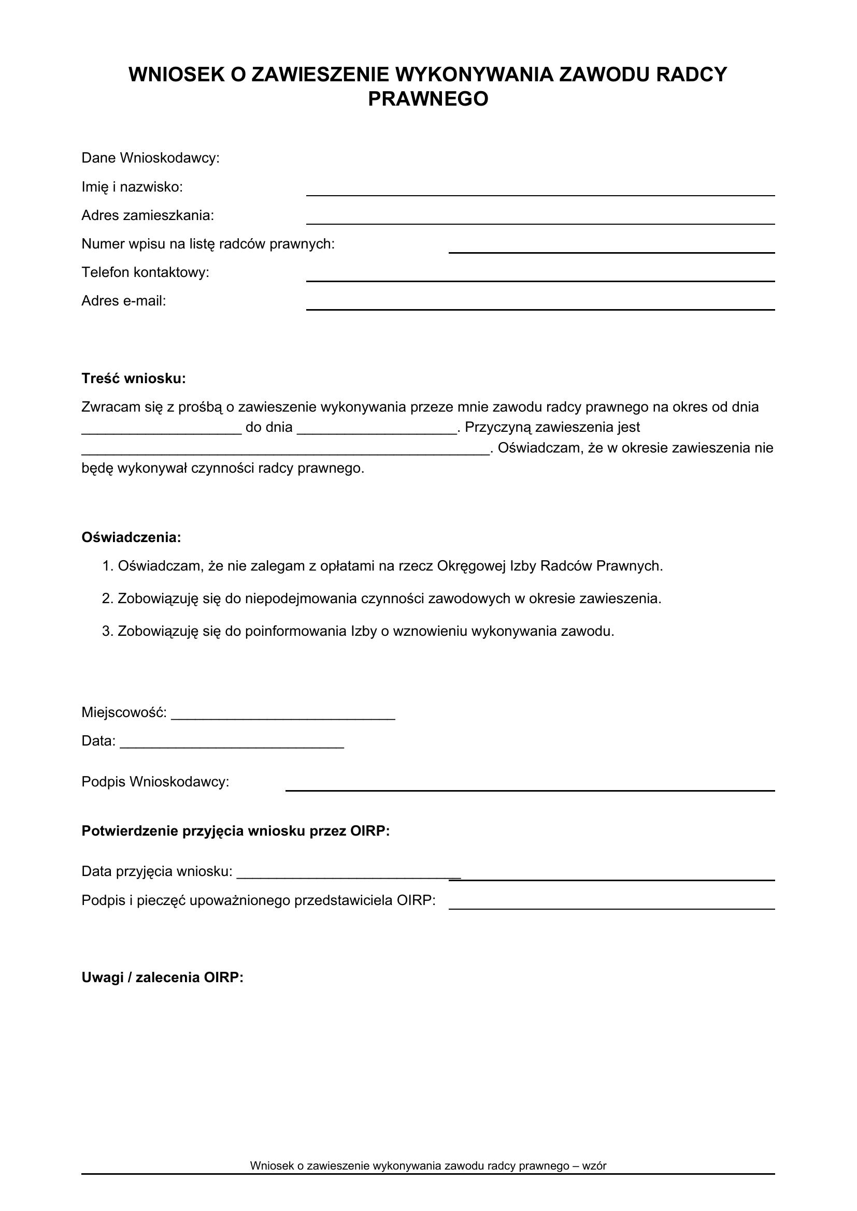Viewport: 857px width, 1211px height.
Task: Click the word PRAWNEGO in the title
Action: [x=428, y=99]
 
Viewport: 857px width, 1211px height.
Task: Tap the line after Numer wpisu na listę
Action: [x=611, y=252]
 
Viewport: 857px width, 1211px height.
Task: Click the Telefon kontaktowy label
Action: [x=145, y=272]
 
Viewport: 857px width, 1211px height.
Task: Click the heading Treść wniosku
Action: [x=134, y=378]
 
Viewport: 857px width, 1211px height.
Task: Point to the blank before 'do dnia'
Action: [x=162, y=431]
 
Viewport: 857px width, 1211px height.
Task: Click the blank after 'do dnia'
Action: [x=377, y=431]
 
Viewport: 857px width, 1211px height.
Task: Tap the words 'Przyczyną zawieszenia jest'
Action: [x=552, y=427]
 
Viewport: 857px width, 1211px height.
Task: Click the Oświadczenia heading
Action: [x=131, y=537]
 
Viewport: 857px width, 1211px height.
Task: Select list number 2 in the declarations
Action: [x=108, y=599]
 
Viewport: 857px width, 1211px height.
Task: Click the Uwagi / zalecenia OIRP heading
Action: [x=162, y=978]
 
